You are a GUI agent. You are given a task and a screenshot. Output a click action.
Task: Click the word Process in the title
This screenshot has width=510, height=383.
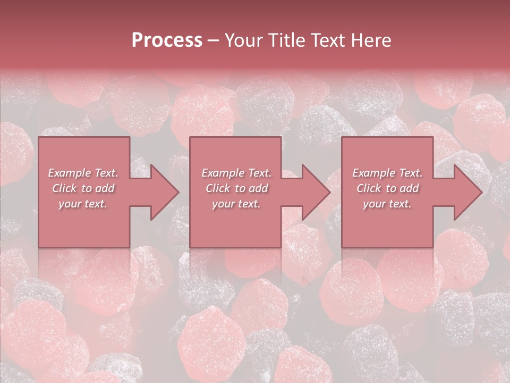pyautogui.click(x=167, y=40)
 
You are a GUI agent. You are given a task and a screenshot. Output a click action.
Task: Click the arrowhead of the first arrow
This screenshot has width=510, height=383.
pyautogui.click(x=165, y=192)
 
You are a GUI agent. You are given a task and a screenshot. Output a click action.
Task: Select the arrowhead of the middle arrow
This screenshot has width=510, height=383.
pyautogui.click(x=316, y=192)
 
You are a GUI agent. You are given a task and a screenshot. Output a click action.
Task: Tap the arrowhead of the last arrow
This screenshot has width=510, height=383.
pyautogui.click(x=468, y=192)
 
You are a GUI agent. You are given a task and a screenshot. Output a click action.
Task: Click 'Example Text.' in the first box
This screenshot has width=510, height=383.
pyautogui.click(x=83, y=173)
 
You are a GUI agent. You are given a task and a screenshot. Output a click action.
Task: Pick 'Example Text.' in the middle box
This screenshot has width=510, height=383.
pyautogui.click(x=236, y=173)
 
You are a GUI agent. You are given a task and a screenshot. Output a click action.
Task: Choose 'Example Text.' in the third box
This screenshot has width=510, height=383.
pyautogui.click(x=387, y=173)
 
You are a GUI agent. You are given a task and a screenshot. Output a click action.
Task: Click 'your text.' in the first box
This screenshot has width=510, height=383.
pyautogui.click(x=83, y=204)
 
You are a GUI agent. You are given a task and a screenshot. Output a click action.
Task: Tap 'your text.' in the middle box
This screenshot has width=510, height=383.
pyautogui.click(x=236, y=204)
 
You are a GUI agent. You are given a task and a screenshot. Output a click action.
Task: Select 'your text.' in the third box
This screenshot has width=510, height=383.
pyautogui.click(x=387, y=204)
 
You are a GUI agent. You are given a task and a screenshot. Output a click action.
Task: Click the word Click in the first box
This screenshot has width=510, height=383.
pyautogui.click(x=64, y=188)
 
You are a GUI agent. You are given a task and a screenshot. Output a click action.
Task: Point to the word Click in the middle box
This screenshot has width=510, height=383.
pyautogui.click(x=218, y=188)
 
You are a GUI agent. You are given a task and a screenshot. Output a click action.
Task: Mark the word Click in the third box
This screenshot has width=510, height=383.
pyautogui.click(x=369, y=188)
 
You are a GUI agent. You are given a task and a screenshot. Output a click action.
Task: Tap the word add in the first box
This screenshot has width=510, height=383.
pyautogui.click(x=105, y=188)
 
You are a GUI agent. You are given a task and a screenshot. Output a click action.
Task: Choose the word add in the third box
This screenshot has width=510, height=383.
pyautogui.click(x=410, y=188)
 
